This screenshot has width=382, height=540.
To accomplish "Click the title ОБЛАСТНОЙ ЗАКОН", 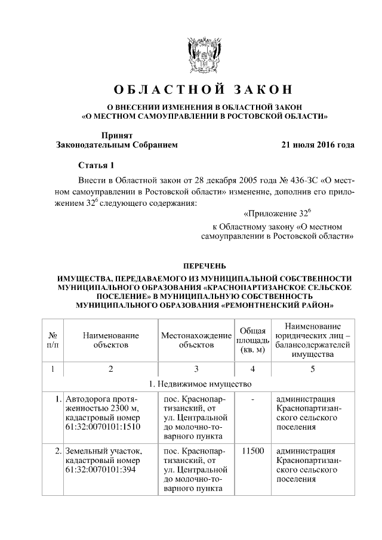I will click(204, 91).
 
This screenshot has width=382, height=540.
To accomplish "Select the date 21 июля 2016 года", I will click(318, 145).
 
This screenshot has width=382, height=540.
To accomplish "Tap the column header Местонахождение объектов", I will click(196, 340).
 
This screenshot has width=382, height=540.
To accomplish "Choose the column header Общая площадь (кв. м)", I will click(252, 340).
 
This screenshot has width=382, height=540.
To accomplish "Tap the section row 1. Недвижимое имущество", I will click(204, 382).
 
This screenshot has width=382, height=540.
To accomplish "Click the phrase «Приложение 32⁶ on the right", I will click(278, 214).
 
